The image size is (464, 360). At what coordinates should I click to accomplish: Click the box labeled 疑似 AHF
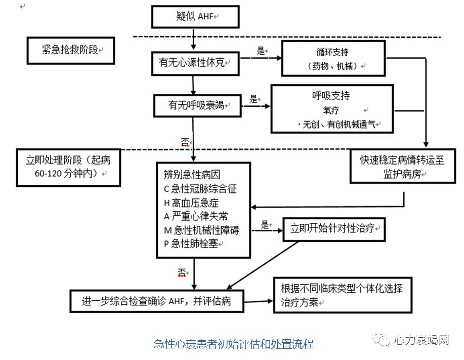coord(195,17)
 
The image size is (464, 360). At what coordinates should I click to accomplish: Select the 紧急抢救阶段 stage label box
coord(70,50)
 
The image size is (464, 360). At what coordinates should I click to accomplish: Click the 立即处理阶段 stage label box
coord(68,167)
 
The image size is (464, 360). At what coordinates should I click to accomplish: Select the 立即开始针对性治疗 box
coord(334,229)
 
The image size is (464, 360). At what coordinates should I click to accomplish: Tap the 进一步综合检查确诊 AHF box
coord(158,300)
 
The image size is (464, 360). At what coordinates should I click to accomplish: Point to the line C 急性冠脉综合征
coord(200,189)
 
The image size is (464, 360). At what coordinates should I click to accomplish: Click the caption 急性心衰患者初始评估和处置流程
coord(234,344)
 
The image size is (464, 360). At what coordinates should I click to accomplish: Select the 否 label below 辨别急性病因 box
coord(182,272)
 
